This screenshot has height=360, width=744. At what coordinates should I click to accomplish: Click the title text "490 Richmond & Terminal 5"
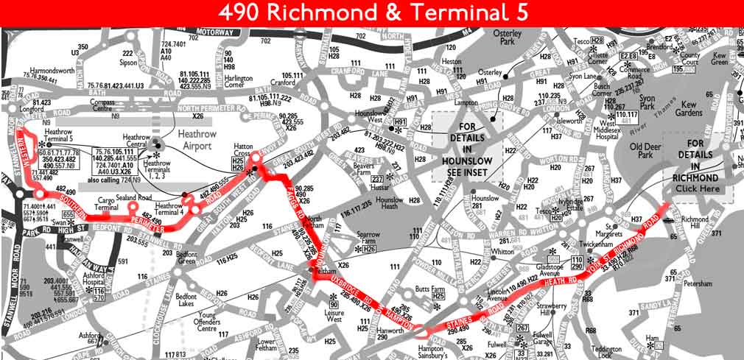coord(372,13)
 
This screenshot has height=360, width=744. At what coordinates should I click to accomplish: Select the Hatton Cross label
coord(243,152)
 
